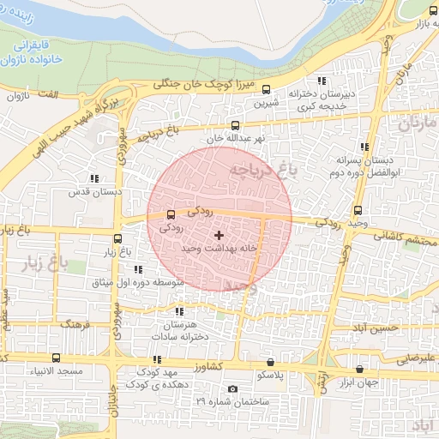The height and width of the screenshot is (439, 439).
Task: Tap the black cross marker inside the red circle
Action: point(219,234)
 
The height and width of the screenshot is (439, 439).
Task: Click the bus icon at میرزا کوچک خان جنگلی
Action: point(266,88)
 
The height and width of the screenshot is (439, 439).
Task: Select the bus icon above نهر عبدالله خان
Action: point(235,126)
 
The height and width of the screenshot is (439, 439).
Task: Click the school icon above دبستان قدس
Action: point(93,179)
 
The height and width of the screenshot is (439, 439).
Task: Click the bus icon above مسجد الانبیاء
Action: point(56,358)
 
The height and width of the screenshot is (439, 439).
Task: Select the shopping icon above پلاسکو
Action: point(271,363)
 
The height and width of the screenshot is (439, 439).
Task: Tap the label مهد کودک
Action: point(160,373)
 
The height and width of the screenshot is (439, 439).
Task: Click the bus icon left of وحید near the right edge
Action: point(358,210)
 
